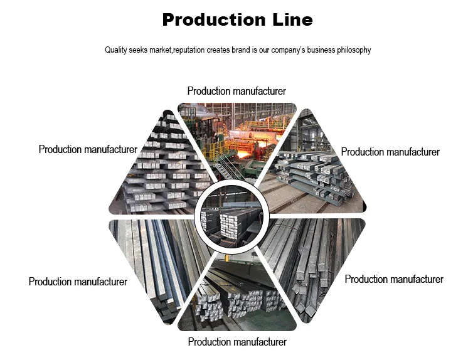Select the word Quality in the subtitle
117,50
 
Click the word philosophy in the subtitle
352,50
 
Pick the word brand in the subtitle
247,50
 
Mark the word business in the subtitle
315,50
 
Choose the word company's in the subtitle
280,50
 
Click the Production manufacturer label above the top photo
236,92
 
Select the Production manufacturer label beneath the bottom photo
237,342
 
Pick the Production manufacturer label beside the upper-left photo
88,149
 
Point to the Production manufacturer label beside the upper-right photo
390,152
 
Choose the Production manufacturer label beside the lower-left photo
78,282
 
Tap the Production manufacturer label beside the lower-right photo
394,279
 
